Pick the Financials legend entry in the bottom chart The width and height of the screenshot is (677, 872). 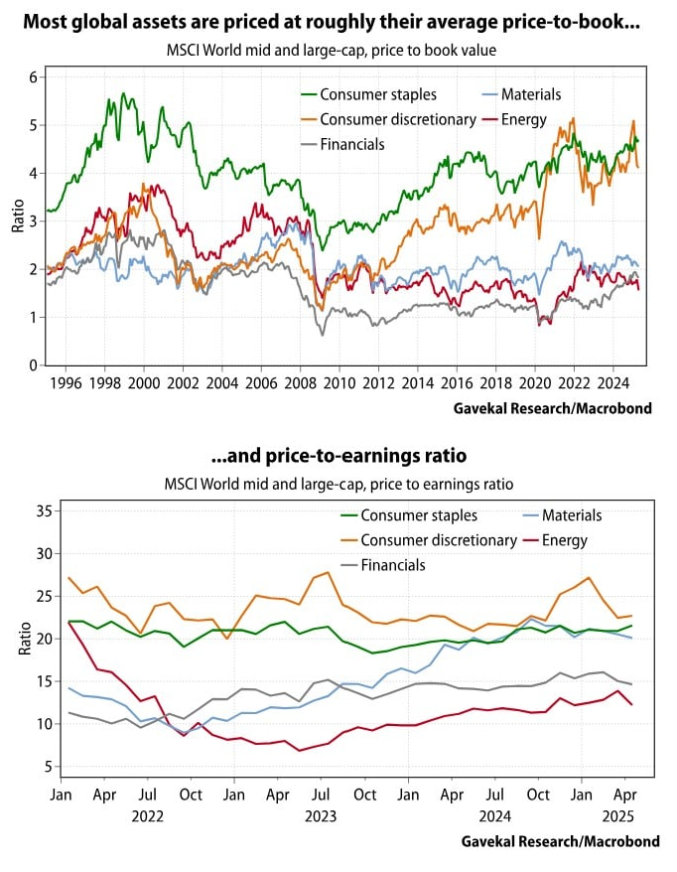(392, 565)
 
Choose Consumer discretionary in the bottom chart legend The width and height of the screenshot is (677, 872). (438, 540)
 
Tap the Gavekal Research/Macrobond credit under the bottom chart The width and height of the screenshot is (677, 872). (561, 841)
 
